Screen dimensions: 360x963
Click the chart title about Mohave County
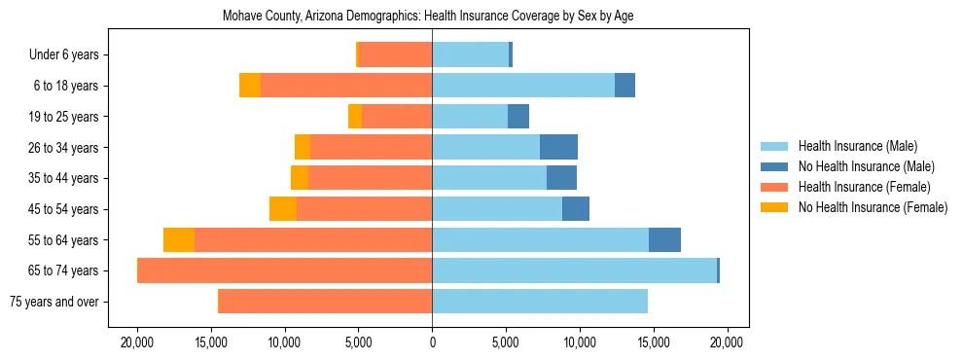click(x=428, y=17)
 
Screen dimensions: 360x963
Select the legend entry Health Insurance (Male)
click(x=857, y=146)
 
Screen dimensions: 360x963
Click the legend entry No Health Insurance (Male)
click(x=866, y=166)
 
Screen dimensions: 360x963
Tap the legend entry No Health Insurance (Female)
click(x=873, y=207)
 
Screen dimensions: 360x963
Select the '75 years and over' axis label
click(x=53, y=302)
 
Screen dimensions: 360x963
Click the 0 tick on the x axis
click(x=432, y=342)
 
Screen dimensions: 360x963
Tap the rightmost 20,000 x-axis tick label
click(x=727, y=342)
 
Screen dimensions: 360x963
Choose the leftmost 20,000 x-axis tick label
click(x=137, y=342)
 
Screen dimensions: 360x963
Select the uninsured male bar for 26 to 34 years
click(x=558, y=147)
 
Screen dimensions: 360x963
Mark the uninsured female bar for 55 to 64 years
click(x=179, y=240)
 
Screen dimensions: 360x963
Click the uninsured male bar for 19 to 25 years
click(x=518, y=117)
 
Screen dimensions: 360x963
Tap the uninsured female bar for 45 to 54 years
click(x=283, y=209)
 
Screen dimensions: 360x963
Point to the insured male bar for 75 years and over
click(x=540, y=302)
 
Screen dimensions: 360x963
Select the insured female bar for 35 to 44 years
click(x=370, y=178)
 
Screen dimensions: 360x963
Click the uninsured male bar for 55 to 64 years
click(x=664, y=240)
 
